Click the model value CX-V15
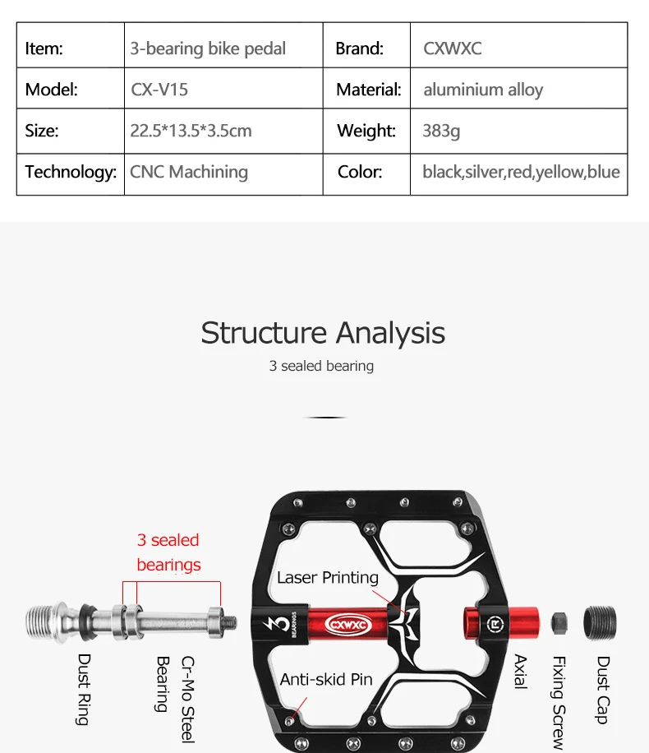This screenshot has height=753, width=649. pyautogui.click(x=159, y=90)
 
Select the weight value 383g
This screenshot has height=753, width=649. pyautogui.click(x=441, y=131)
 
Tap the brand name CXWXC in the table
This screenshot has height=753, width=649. pyautogui.click(x=452, y=49)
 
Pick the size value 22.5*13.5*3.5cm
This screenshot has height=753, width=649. pyautogui.click(x=191, y=131)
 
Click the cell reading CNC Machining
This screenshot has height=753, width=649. pyautogui.click(x=189, y=172)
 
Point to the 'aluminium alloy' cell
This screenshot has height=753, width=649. pyautogui.click(x=483, y=90)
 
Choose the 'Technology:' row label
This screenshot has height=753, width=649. pyautogui.click(x=71, y=172)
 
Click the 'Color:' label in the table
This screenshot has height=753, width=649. pyautogui.click(x=360, y=172)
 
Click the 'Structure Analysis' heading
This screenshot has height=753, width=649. pyautogui.click(x=323, y=333)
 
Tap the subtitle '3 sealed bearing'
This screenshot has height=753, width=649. pyautogui.click(x=321, y=366)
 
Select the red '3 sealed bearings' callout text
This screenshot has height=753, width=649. pyautogui.click(x=168, y=552)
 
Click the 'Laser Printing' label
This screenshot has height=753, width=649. pyautogui.click(x=328, y=577)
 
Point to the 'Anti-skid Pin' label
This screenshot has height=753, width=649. pyautogui.click(x=326, y=679)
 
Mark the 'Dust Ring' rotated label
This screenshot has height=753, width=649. pyautogui.click(x=84, y=689)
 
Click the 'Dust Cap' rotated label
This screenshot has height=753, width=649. pyautogui.click(x=603, y=690)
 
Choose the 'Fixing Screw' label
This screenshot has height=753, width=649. pyautogui.click(x=559, y=701)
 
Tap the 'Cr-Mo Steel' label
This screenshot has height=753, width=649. pyautogui.click(x=188, y=699)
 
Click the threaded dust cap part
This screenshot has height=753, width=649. pyautogui.click(x=600, y=622)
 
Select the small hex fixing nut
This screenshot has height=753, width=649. pyautogui.click(x=560, y=622)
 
